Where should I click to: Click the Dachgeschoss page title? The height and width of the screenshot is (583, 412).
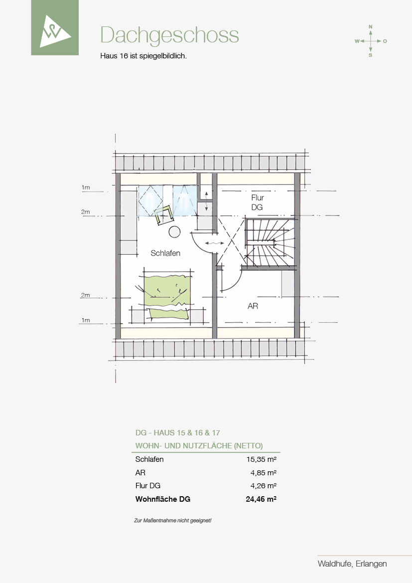169,35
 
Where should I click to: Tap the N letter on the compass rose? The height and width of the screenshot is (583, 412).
370,27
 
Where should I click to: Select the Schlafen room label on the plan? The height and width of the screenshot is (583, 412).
165,253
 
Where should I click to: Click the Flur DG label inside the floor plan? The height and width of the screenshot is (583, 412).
257,202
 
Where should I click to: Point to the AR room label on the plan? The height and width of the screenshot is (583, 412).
253,306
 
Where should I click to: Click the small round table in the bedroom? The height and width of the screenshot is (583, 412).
174,232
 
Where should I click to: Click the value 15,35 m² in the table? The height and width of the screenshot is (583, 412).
261,459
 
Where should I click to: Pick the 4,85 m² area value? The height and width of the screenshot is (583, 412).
264,473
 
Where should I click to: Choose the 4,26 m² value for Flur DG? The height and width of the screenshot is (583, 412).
264,486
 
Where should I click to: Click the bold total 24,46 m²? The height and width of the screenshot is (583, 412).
261,499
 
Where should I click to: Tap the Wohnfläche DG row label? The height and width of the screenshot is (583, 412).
163,499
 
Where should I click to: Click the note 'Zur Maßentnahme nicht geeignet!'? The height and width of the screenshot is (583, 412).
173,521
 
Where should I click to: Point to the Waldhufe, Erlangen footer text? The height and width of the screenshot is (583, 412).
352,564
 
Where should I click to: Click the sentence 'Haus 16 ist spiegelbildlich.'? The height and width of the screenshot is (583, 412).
143,56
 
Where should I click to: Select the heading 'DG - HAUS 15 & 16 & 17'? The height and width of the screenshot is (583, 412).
177,433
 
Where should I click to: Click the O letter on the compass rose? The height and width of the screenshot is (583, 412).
385,41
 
